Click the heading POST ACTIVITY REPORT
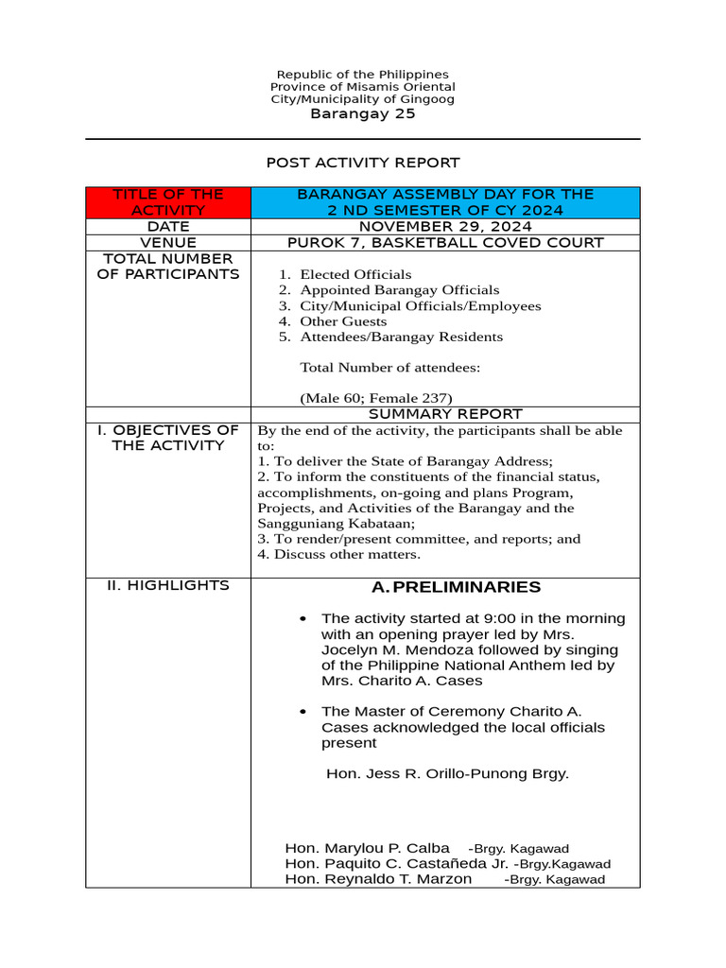(x=362, y=163)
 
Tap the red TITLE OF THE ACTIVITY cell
(x=168, y=202)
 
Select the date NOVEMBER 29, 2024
(x=444, y=227)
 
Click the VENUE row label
(x=168, y=243)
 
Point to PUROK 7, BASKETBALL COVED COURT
(x=444, y=243)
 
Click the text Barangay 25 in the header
(x=362, y=114)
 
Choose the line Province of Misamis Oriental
(x=362, y=87)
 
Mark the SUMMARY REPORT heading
(x=444, y=414)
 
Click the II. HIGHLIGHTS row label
(x=168, y=586)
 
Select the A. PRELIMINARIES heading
(x=457, y=588)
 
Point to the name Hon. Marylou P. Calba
(x=354, y=848)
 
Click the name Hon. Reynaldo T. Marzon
(x=378, y=879)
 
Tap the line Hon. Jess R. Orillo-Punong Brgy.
(x=447, y=773)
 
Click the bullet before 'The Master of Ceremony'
(x=302, y=711)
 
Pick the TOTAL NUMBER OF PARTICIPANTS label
(x=168, y=267)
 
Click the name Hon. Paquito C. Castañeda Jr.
(x=396, y=864)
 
